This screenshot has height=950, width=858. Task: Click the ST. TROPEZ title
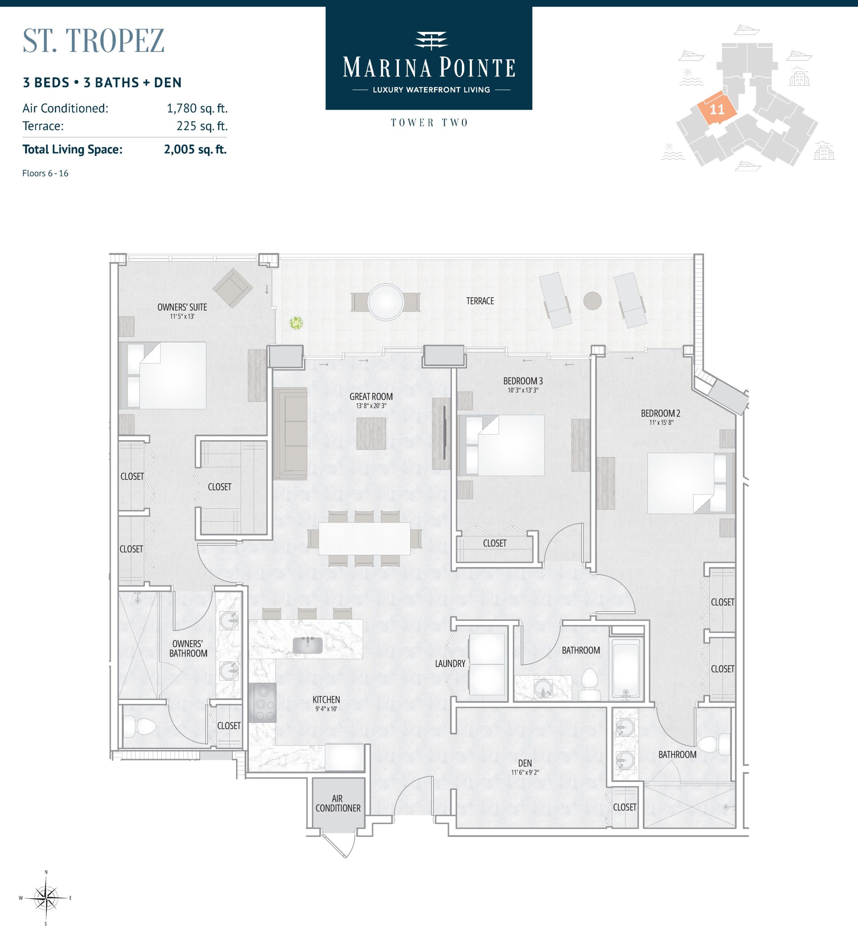point(94,40)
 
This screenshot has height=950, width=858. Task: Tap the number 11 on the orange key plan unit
point(717,110)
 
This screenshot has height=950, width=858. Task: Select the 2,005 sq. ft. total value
point(195,150)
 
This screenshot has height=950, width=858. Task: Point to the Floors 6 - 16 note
point(45,173)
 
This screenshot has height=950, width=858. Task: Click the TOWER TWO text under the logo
point(429,123)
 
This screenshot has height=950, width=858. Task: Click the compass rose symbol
point(46,898)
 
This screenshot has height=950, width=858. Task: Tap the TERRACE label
point(480,301)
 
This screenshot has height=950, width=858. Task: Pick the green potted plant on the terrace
point(296,323)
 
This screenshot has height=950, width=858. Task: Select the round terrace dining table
point(386,302)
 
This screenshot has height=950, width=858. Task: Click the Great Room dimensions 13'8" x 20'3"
point(371,406)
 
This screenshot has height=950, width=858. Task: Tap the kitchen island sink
point(307,645)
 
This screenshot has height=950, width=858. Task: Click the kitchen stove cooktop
point(262,702)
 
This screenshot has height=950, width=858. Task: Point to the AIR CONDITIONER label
point(338,803)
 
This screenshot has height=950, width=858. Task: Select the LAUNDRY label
point(450,664)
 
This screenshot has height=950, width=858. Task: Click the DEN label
point(525,763)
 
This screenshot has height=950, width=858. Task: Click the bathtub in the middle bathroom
point(626,667)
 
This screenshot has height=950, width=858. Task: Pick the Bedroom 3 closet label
point(495,543)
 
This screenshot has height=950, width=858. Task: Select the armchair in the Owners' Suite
point(232,288)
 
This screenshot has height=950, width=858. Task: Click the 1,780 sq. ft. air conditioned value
point(197,108)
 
